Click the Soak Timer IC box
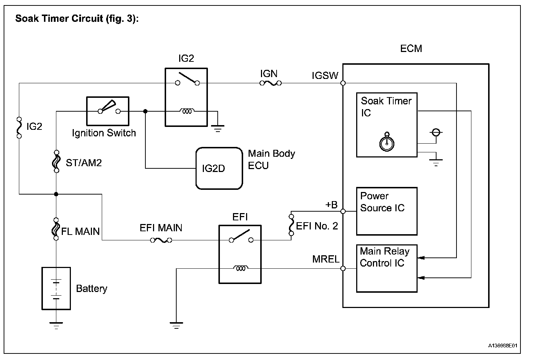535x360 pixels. (387, 125)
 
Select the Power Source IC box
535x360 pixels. (387, 211)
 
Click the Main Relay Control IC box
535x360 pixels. (387, 268)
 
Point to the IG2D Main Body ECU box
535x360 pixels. (219, 168)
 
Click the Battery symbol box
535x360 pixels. (56, 288)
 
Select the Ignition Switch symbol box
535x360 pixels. (108, 111)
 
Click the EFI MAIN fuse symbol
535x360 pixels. (161, 240)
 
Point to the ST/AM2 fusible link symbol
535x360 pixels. (56, 161)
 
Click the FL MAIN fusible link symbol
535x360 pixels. (56, 229)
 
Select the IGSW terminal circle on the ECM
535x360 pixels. (343, 83)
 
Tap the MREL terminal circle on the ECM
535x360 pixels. (343, 269)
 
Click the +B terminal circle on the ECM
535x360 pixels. (343, 211)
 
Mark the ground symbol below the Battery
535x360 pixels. (56, 325)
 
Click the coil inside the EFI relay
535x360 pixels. (240, 269)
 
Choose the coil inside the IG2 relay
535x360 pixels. (187, 111)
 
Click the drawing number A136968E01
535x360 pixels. (503, 345)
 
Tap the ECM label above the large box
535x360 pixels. (411, 49)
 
